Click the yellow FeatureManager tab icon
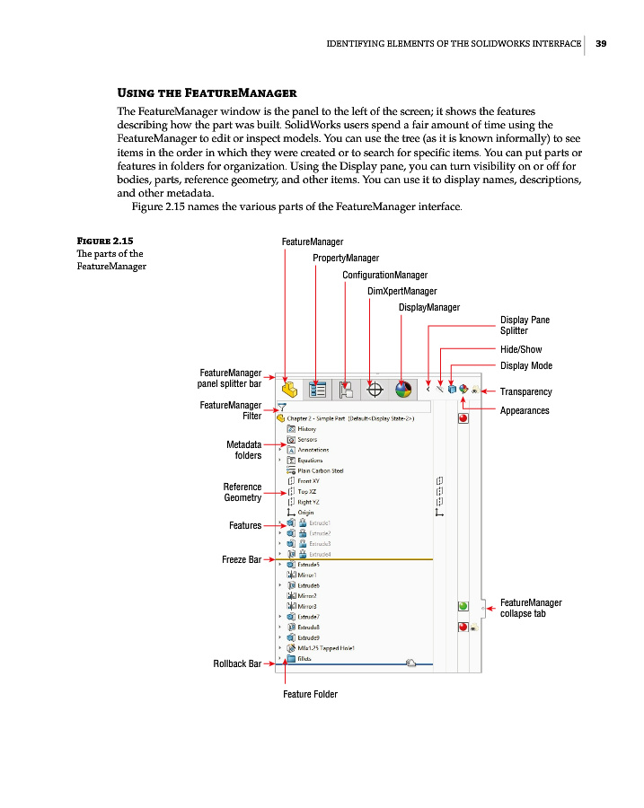(x=289, y=390)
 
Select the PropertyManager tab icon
(x=317, y=390)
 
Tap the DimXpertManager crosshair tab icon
(x=376, y=390)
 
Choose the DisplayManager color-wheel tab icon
(x=404, y=390)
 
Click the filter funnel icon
(x=282, y=407)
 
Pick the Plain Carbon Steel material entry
(x=315, y=470)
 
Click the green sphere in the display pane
(x=463, y=608)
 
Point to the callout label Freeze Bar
(x=241, y=559)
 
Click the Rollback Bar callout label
(x=236, y=663)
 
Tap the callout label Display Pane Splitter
(x=525, y=325)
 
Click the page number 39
(x=601, y=42)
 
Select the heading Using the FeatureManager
(x=207, y=93)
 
